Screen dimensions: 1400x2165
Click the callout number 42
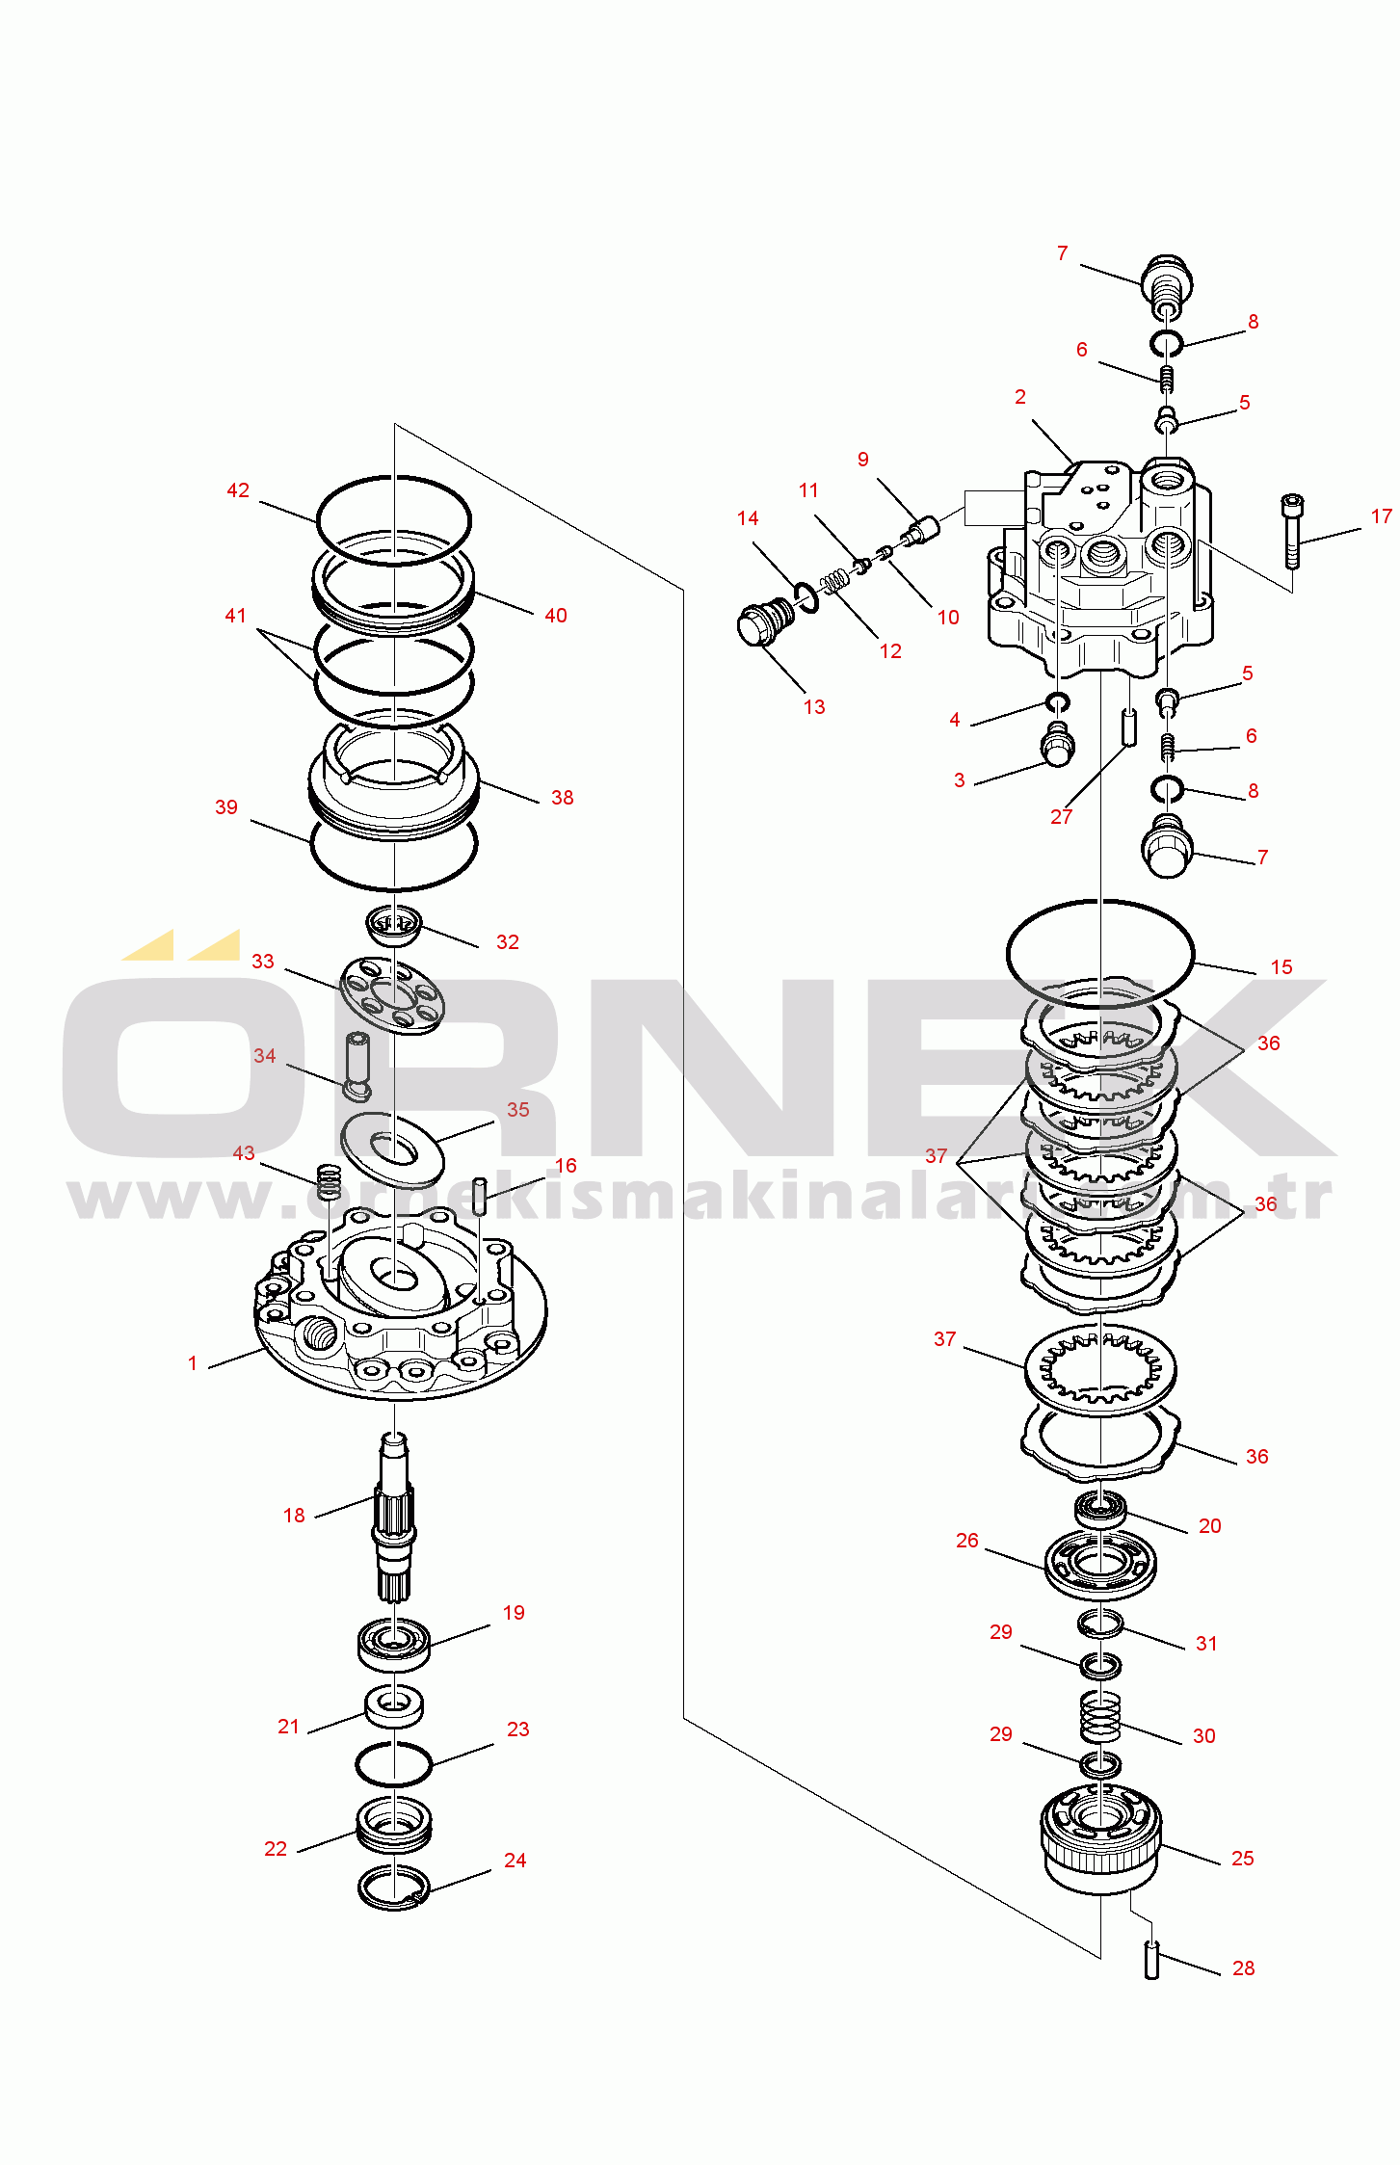238,490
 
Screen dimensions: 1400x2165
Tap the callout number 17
1382,516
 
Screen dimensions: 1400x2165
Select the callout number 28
1244,1968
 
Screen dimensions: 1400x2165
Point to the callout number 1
193,1363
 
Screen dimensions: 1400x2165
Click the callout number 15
1281,967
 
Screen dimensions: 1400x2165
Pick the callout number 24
515,1861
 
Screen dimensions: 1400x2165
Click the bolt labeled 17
1292,531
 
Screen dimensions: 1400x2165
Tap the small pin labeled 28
1151,1960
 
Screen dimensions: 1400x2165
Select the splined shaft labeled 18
394,1516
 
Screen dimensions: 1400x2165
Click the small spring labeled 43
330,1182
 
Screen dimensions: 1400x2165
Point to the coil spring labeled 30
1100,1716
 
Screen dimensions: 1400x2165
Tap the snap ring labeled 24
393,1888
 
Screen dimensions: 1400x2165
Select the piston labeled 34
357,1066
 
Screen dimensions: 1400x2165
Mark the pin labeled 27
1128,726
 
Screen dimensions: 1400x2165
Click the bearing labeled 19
394,1645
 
